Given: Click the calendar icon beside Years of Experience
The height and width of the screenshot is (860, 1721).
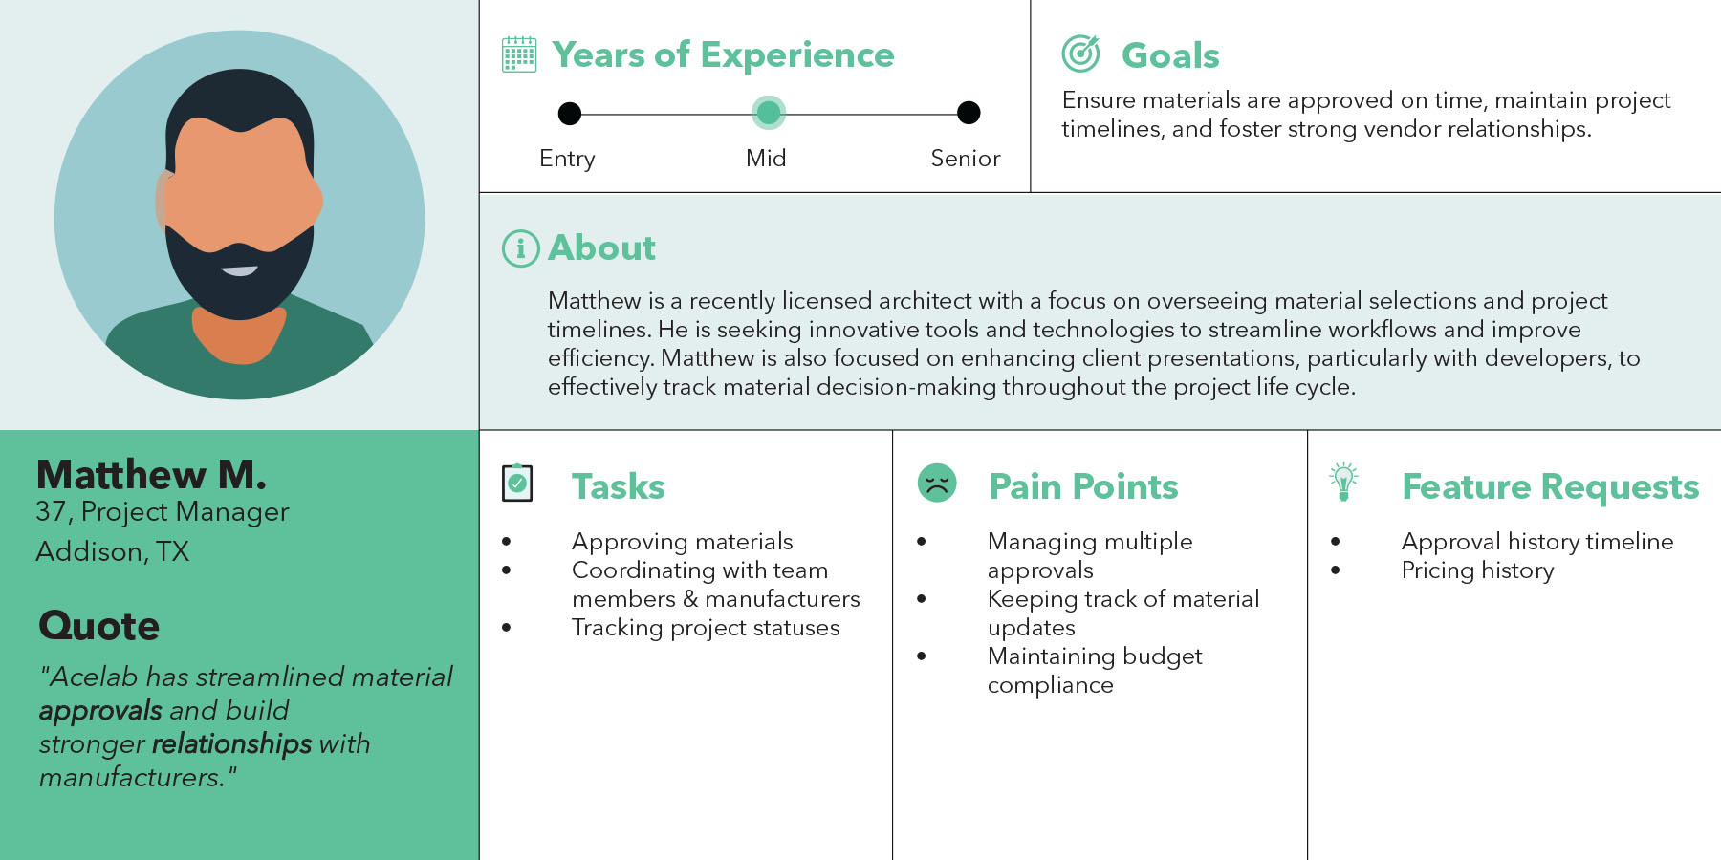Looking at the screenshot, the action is coord(519,54).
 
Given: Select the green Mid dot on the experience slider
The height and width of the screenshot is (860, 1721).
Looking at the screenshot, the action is coord(769,113).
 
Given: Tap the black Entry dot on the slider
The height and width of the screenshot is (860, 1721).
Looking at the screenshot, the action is coord(570,114).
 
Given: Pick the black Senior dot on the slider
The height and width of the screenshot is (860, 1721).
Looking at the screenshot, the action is coord(969,113).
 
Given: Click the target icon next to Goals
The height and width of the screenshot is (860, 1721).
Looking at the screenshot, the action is coord(1080,54).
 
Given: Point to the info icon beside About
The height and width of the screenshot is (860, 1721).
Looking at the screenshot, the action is coord(521,248).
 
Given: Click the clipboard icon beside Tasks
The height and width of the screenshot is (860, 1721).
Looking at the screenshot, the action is coord(517,484).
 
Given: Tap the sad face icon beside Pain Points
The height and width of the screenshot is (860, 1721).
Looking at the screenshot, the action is coord(937,483).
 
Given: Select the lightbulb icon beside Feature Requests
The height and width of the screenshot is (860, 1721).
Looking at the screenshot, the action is coord(1343,482).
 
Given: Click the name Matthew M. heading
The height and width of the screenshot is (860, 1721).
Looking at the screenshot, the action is coord(151,475).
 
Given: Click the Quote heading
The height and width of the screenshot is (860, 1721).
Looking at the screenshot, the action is coord(98,626).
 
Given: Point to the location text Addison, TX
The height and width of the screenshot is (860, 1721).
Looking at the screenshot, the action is coord(113,551).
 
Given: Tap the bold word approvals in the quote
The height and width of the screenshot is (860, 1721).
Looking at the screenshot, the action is coord(100,712).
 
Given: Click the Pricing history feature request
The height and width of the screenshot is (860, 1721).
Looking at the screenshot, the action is coord(1477,570).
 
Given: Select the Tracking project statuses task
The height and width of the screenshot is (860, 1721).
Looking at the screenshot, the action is coord(706,628).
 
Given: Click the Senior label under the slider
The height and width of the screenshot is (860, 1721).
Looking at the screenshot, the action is coord(966,159).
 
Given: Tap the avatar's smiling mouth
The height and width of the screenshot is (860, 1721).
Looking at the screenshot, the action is coord(239,270).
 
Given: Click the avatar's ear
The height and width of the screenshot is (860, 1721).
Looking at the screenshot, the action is coord(162,201).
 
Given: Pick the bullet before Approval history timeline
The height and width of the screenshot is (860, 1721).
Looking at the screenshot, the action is coord(1335,542).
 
